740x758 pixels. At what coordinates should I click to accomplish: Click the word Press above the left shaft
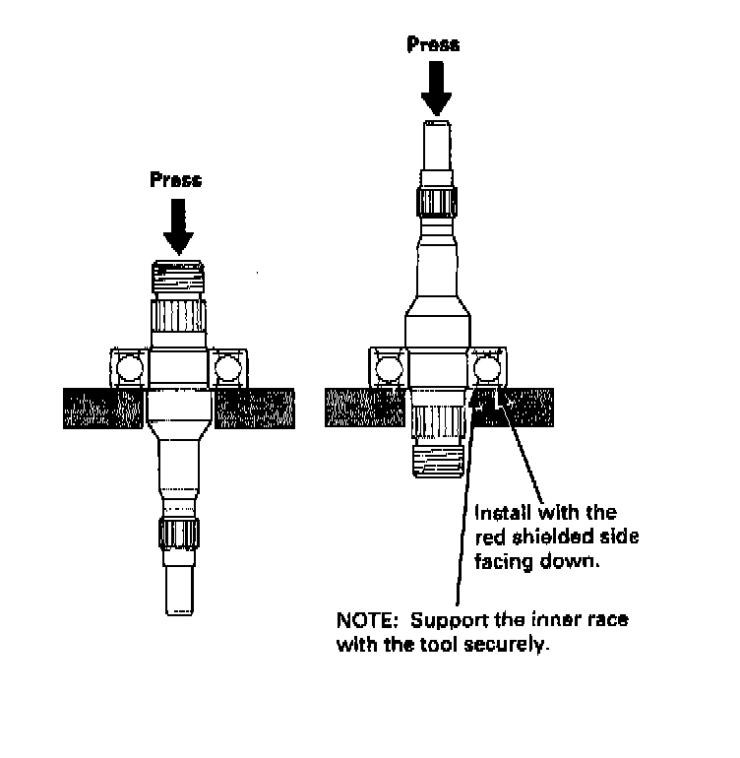[176, 180]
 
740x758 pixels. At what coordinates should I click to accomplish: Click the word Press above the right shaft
[433, 45]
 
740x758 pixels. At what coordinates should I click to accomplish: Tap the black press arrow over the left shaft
[178, 225]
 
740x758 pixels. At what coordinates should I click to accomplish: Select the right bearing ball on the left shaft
[228, 368]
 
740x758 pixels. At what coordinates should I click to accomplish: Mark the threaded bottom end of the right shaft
[436, 464]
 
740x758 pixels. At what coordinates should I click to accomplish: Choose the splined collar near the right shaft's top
[436, 204]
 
